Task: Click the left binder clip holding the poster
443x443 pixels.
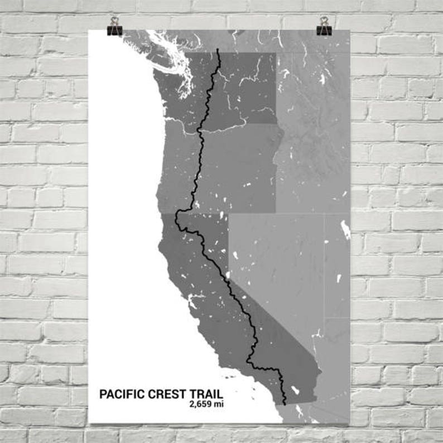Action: tap(115, 26)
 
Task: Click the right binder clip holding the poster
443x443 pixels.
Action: tap(324, 26)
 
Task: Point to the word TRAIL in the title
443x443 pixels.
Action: tap(205, 394)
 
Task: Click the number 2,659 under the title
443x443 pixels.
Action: tap(201, 405)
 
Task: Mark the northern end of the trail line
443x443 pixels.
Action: tap(218, 51)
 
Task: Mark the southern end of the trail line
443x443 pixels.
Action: tap(286, 403)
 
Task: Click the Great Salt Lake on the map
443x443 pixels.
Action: tap(345, 230)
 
